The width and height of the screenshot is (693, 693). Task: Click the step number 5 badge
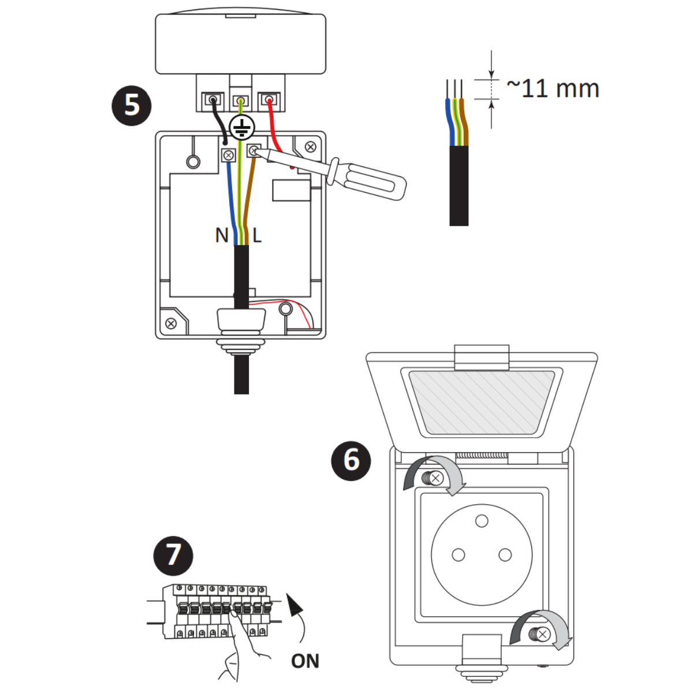[x=132, y=106]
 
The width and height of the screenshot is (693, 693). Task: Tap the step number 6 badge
[x=351, y=461]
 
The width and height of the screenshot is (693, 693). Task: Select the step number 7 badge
[x=173, y=556]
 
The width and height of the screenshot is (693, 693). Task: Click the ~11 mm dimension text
[x=553, y=88]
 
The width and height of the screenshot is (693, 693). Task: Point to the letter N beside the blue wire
[x=222, y=236]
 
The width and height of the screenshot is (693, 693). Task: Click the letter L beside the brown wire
[x=257, y=236]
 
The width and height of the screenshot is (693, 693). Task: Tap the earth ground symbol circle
[x=242, y=127]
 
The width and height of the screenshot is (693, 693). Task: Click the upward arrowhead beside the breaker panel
[x=294, y=605]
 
